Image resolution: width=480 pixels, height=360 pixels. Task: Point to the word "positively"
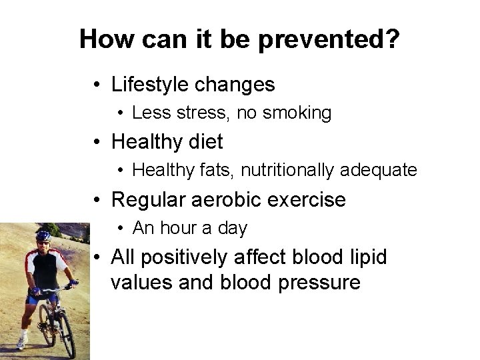189,257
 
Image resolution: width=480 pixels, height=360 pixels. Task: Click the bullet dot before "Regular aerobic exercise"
97,200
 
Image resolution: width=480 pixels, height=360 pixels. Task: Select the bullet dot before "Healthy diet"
97,143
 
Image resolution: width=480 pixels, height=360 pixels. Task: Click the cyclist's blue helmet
43,235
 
